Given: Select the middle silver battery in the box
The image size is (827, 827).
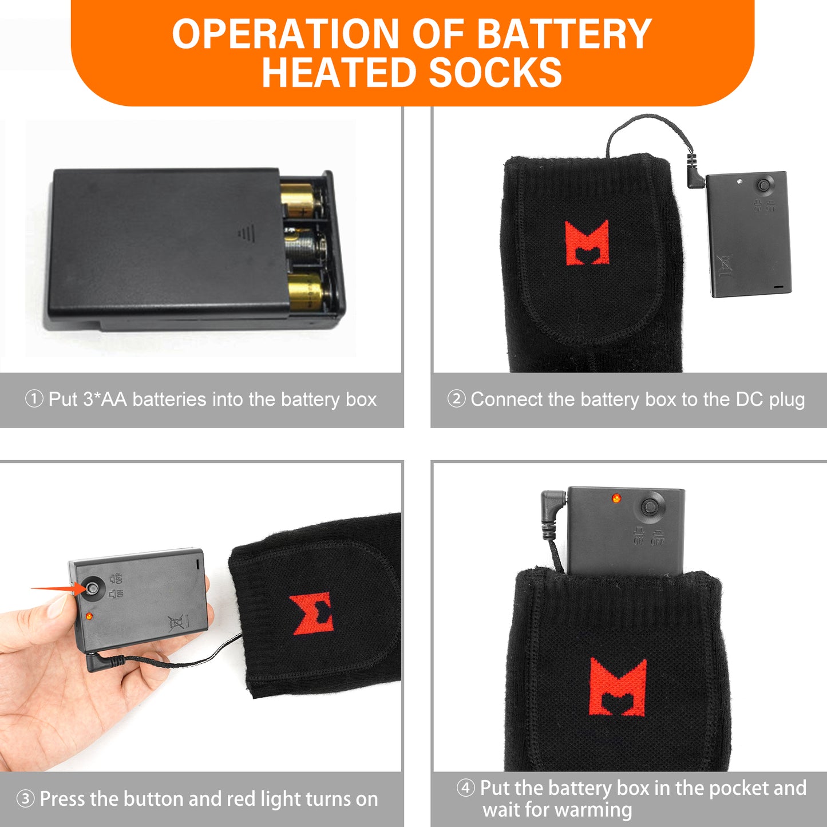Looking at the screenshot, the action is pyautogui.click(x=305, y=247).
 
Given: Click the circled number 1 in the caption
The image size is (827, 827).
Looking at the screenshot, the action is pyautogui.click(x=34, y=399).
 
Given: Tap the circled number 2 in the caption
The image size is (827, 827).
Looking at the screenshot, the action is pyautogui.click(x=456, y=399).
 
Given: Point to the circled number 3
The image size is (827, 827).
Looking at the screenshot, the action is pyautogui.click(x=25, y=799).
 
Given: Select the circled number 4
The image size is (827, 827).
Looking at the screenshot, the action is pyautogui.click(x=465, y=788).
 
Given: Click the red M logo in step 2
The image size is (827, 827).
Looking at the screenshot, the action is pyautogui.click(x=587, y=243).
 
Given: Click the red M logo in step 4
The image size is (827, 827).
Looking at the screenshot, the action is pyautogui.click(x=618, y=687).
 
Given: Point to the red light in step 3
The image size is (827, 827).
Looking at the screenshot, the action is pyautogui.click(x=89, y=616).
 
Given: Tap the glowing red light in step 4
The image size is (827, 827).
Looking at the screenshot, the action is pyautogui.click(x=616, y=498).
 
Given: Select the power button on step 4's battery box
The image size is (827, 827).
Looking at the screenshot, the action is pyautogui.click(x=650, y=507).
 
